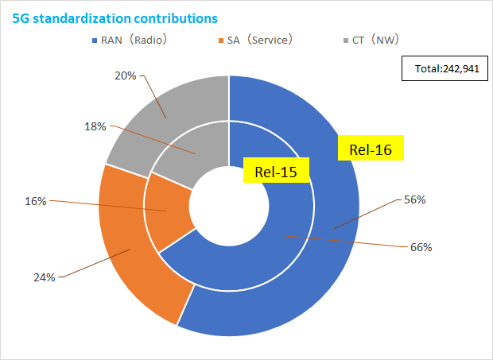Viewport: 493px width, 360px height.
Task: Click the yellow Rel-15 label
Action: (x=275, y=172)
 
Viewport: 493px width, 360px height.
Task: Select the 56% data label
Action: (x=415, y=199)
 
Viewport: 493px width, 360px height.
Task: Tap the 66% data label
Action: (x=421, y=247)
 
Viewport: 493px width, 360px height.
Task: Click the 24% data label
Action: (x=44, y=277)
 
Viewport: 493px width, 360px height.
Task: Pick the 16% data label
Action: (x=36, y=202)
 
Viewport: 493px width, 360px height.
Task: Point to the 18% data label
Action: (x=94, y=126)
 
